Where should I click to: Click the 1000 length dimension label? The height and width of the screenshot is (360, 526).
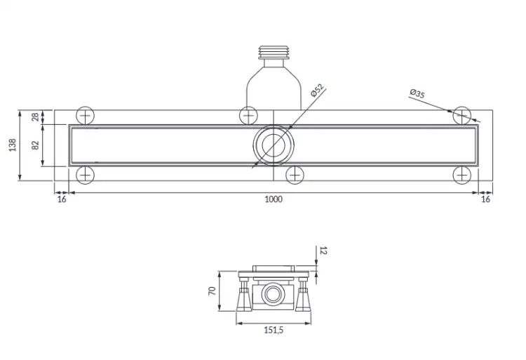pos(274,199)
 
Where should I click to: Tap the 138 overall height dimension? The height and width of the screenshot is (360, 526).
pos(13,145)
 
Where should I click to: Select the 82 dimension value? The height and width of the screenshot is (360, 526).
pos(35,145)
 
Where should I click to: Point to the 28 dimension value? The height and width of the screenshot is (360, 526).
pos(35,117)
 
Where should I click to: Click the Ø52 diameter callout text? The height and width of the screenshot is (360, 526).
pos(317,90)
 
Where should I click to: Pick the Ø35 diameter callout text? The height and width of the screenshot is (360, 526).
pos(417,93)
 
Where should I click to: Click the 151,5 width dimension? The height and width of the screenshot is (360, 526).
pos(274,330)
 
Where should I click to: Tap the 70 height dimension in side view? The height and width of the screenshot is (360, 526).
pos(212,291)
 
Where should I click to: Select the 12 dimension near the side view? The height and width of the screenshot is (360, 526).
pos(323,251)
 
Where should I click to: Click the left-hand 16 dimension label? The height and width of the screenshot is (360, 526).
pos(62,199)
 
